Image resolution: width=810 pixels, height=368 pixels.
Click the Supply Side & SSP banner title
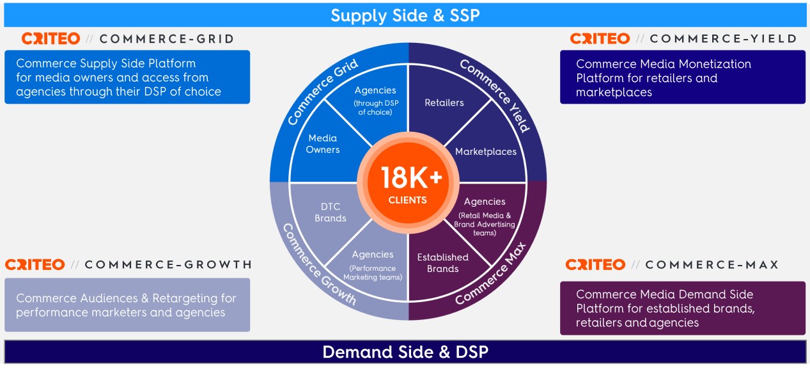coord(405,15)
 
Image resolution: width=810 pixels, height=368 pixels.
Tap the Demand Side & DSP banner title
coord(405,352)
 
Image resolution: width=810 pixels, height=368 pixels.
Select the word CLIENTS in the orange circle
coord(407,200)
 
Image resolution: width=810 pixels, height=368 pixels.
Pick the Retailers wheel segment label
coord(444,102)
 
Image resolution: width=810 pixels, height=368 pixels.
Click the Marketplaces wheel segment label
coord(486,152)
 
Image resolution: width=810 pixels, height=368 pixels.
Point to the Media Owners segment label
coord(322,144)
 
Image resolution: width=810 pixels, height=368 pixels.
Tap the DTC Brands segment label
coord(331,212)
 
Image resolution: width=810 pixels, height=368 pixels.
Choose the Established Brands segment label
coord(442,263)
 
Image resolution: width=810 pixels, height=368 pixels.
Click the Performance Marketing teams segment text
coord(373,273)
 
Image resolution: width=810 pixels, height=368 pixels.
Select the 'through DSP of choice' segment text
coord(375,108)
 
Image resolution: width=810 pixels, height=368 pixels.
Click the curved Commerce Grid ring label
coord(322,92)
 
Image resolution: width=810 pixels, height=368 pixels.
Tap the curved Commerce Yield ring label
coord(494,95)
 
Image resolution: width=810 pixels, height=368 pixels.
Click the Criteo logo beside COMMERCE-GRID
coord(51,38)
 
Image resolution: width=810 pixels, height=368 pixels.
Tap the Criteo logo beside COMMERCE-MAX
coord(595,264)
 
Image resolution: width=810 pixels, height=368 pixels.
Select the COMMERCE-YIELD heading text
coord(723,38)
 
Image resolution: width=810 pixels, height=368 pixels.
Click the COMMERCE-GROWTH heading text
coord(168,264)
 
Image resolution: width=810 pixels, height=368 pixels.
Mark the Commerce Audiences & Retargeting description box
coord(127,305)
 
